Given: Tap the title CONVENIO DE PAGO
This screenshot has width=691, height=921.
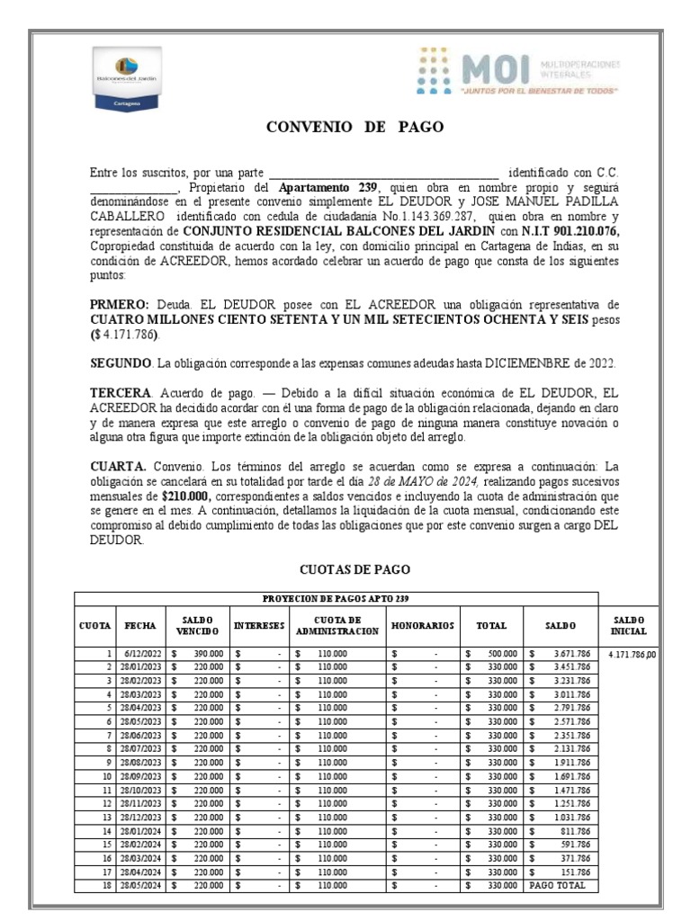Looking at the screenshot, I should click(x=355, y=127).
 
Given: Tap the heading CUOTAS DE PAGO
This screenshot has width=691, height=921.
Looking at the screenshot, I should click(x=354, y=569).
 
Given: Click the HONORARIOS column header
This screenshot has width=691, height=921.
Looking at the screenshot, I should click(x=422, y=624).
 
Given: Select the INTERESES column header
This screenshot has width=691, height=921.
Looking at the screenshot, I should click(x=259, y=624).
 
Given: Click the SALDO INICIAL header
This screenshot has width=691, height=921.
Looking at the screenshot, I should click(x=629, y=625).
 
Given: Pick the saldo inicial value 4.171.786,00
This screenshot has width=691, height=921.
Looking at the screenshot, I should click(x=633, y=654).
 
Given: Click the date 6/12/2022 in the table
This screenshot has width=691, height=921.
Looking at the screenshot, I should click(x=141, y=654).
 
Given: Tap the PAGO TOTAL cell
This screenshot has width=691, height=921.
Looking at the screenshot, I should click(x=558, y=885).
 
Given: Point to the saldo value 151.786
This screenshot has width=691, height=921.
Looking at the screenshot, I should click(x=573, y=872).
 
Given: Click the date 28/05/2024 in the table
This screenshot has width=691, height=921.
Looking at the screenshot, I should click(x=141, y=885).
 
